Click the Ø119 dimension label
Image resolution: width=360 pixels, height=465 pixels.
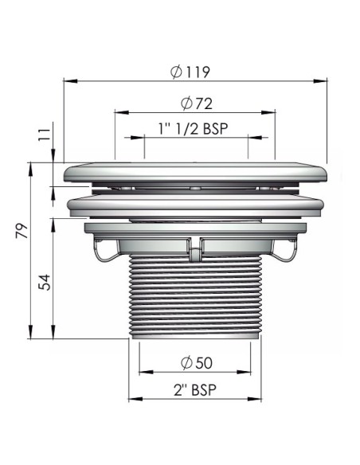coord(190,72)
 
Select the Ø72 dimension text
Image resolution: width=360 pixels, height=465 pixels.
coord(197,104)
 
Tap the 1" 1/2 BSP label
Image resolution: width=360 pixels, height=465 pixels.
coord(194,129)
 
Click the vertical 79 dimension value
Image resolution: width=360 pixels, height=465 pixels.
coord(22,231)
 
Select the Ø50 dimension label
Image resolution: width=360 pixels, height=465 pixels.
coord(197,363)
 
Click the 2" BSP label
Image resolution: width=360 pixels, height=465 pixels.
coord(195,389)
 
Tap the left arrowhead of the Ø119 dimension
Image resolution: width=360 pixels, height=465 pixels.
coord(71,80)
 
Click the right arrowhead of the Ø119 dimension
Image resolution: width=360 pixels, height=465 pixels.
coord(320,80)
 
